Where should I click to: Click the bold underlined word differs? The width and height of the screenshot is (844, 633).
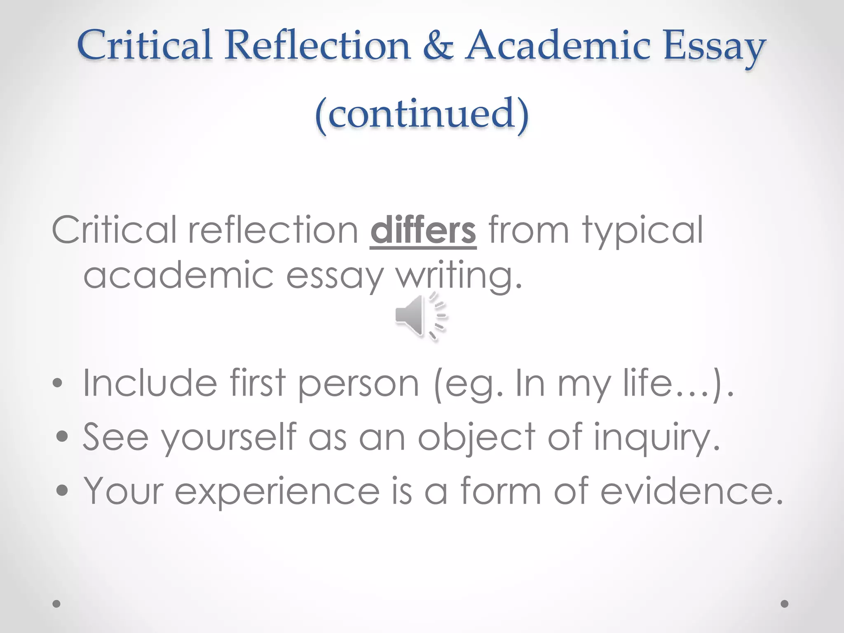click(x=423, y=231)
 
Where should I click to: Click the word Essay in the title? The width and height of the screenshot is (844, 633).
click(x=714, y=46)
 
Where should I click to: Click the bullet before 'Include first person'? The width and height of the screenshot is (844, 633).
click(x=57, y=384)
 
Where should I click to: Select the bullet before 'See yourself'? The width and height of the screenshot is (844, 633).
click(x=62, y=436)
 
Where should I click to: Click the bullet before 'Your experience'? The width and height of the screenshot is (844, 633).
click(x=62, y=490)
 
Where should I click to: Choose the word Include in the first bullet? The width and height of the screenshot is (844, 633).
click(x=150, y=383)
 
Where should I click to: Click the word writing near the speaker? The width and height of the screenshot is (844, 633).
click(x=458, y=275)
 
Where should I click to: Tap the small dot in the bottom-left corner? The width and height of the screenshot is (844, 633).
click(x=57, y=604)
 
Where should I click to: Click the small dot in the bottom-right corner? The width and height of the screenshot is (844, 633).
click(x=785, y=604)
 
